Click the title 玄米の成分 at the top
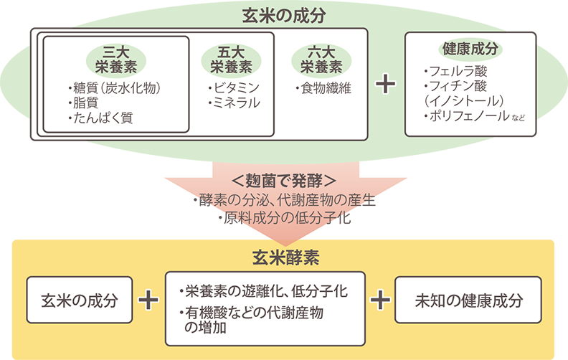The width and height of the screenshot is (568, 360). tap(283, 14)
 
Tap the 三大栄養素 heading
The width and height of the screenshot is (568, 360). tap(115, 59)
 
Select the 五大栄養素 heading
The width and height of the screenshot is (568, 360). tap(231, 59)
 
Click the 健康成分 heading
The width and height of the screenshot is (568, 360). tap(470, 49)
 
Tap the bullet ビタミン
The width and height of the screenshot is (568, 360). tap(233, 88)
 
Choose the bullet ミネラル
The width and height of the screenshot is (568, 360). tap(233, 103)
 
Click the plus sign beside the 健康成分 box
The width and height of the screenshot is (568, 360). tap(386, 84)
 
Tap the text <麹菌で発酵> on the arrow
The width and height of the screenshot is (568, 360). tap(285, 179)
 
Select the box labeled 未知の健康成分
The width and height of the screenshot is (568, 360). tap(468, 299)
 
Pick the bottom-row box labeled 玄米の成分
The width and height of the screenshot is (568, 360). tap(79, 299)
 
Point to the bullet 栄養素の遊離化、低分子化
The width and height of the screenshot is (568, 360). tap(264, 291)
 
